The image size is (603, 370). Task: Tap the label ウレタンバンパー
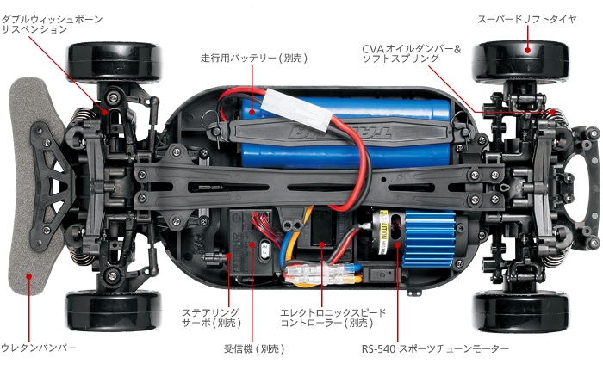pyautogui.click(x=40, y=348)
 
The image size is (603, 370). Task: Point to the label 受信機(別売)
pyautogui.click(x=252, y=348)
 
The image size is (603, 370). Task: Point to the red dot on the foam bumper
pyautogui.click(x=28, y=278)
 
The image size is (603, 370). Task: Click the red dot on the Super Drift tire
pyautogui.click(x=528, y=51)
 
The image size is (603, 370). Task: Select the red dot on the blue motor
pyautogui.click(x=398, y=244)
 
